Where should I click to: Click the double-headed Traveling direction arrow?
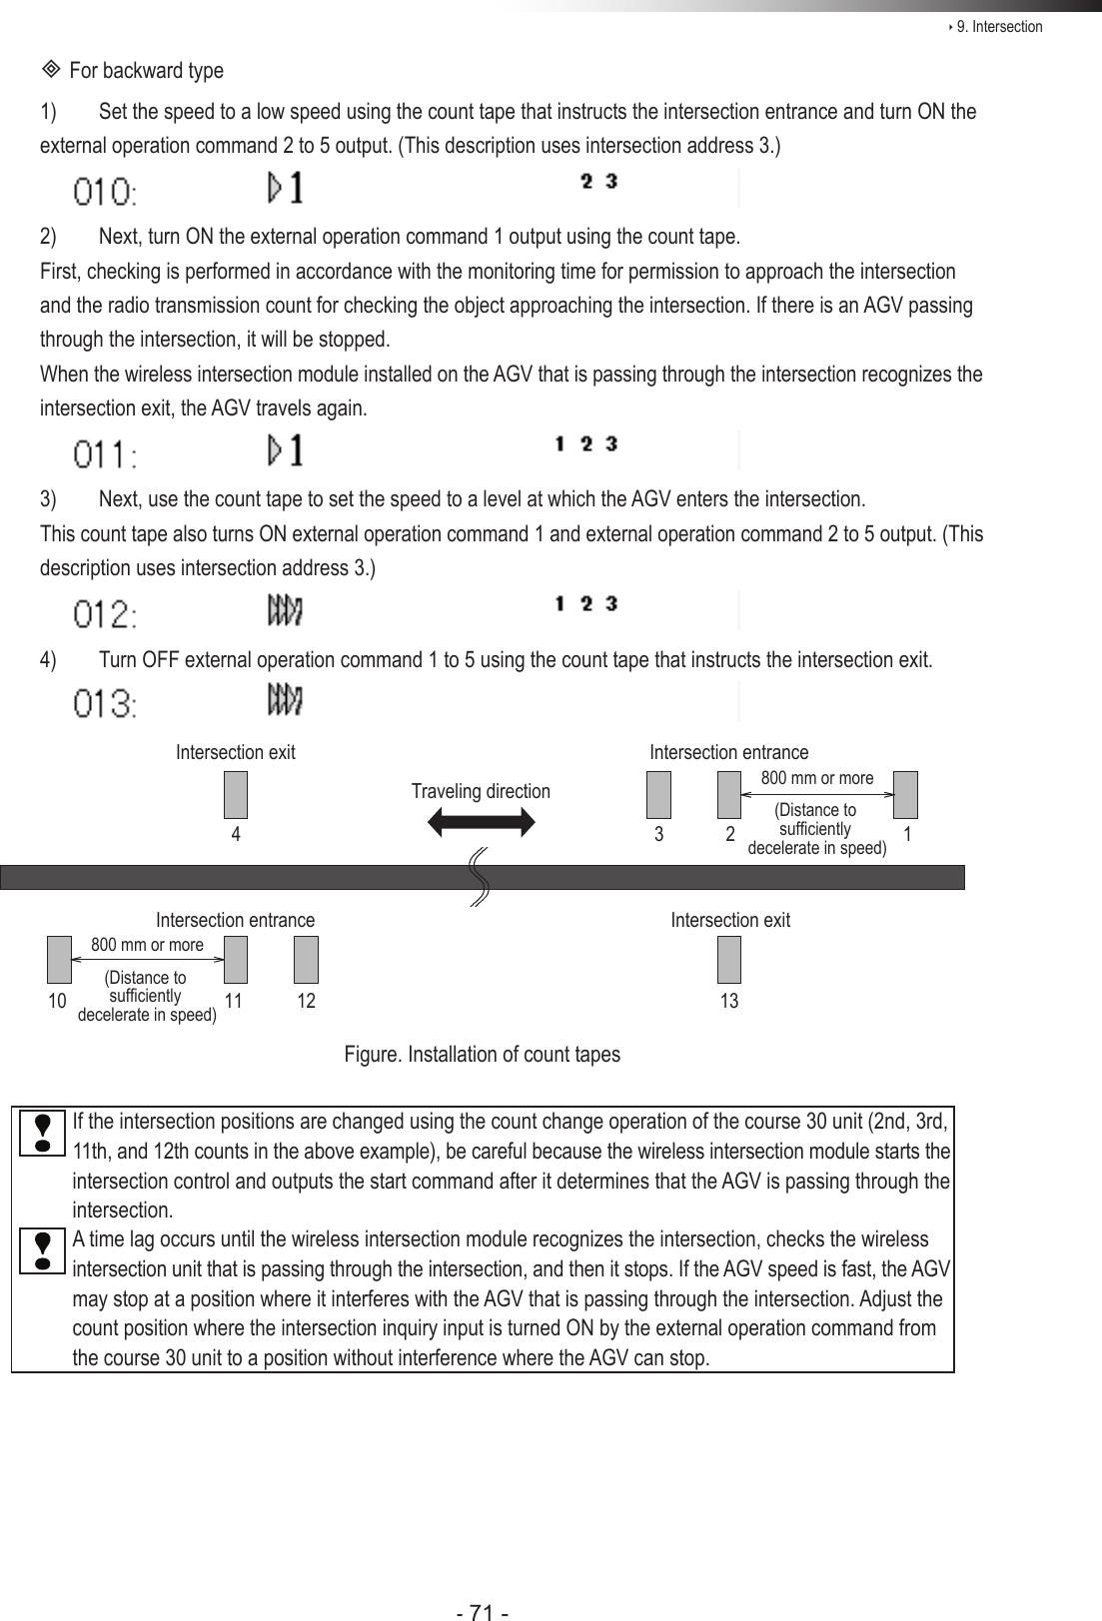pos(481,821)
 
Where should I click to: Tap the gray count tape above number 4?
pos(236,795)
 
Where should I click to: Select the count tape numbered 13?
pos(729,959)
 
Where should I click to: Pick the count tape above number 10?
pos(60,959)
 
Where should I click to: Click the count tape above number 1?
pos(905,795)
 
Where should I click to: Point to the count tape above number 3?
pos(658,795)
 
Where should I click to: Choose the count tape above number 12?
pos(306,959)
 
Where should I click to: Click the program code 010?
pos(106,190)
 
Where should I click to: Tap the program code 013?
pos(106,705)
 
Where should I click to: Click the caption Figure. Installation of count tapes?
pos(482,1055)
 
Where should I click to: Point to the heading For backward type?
pos(146,71)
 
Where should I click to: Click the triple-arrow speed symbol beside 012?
pos(286,609)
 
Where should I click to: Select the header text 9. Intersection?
pos(998,27)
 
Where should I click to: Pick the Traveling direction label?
pos(481,792)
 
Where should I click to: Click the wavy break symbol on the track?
pos(479,877)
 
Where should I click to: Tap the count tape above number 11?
pos(236,959)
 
